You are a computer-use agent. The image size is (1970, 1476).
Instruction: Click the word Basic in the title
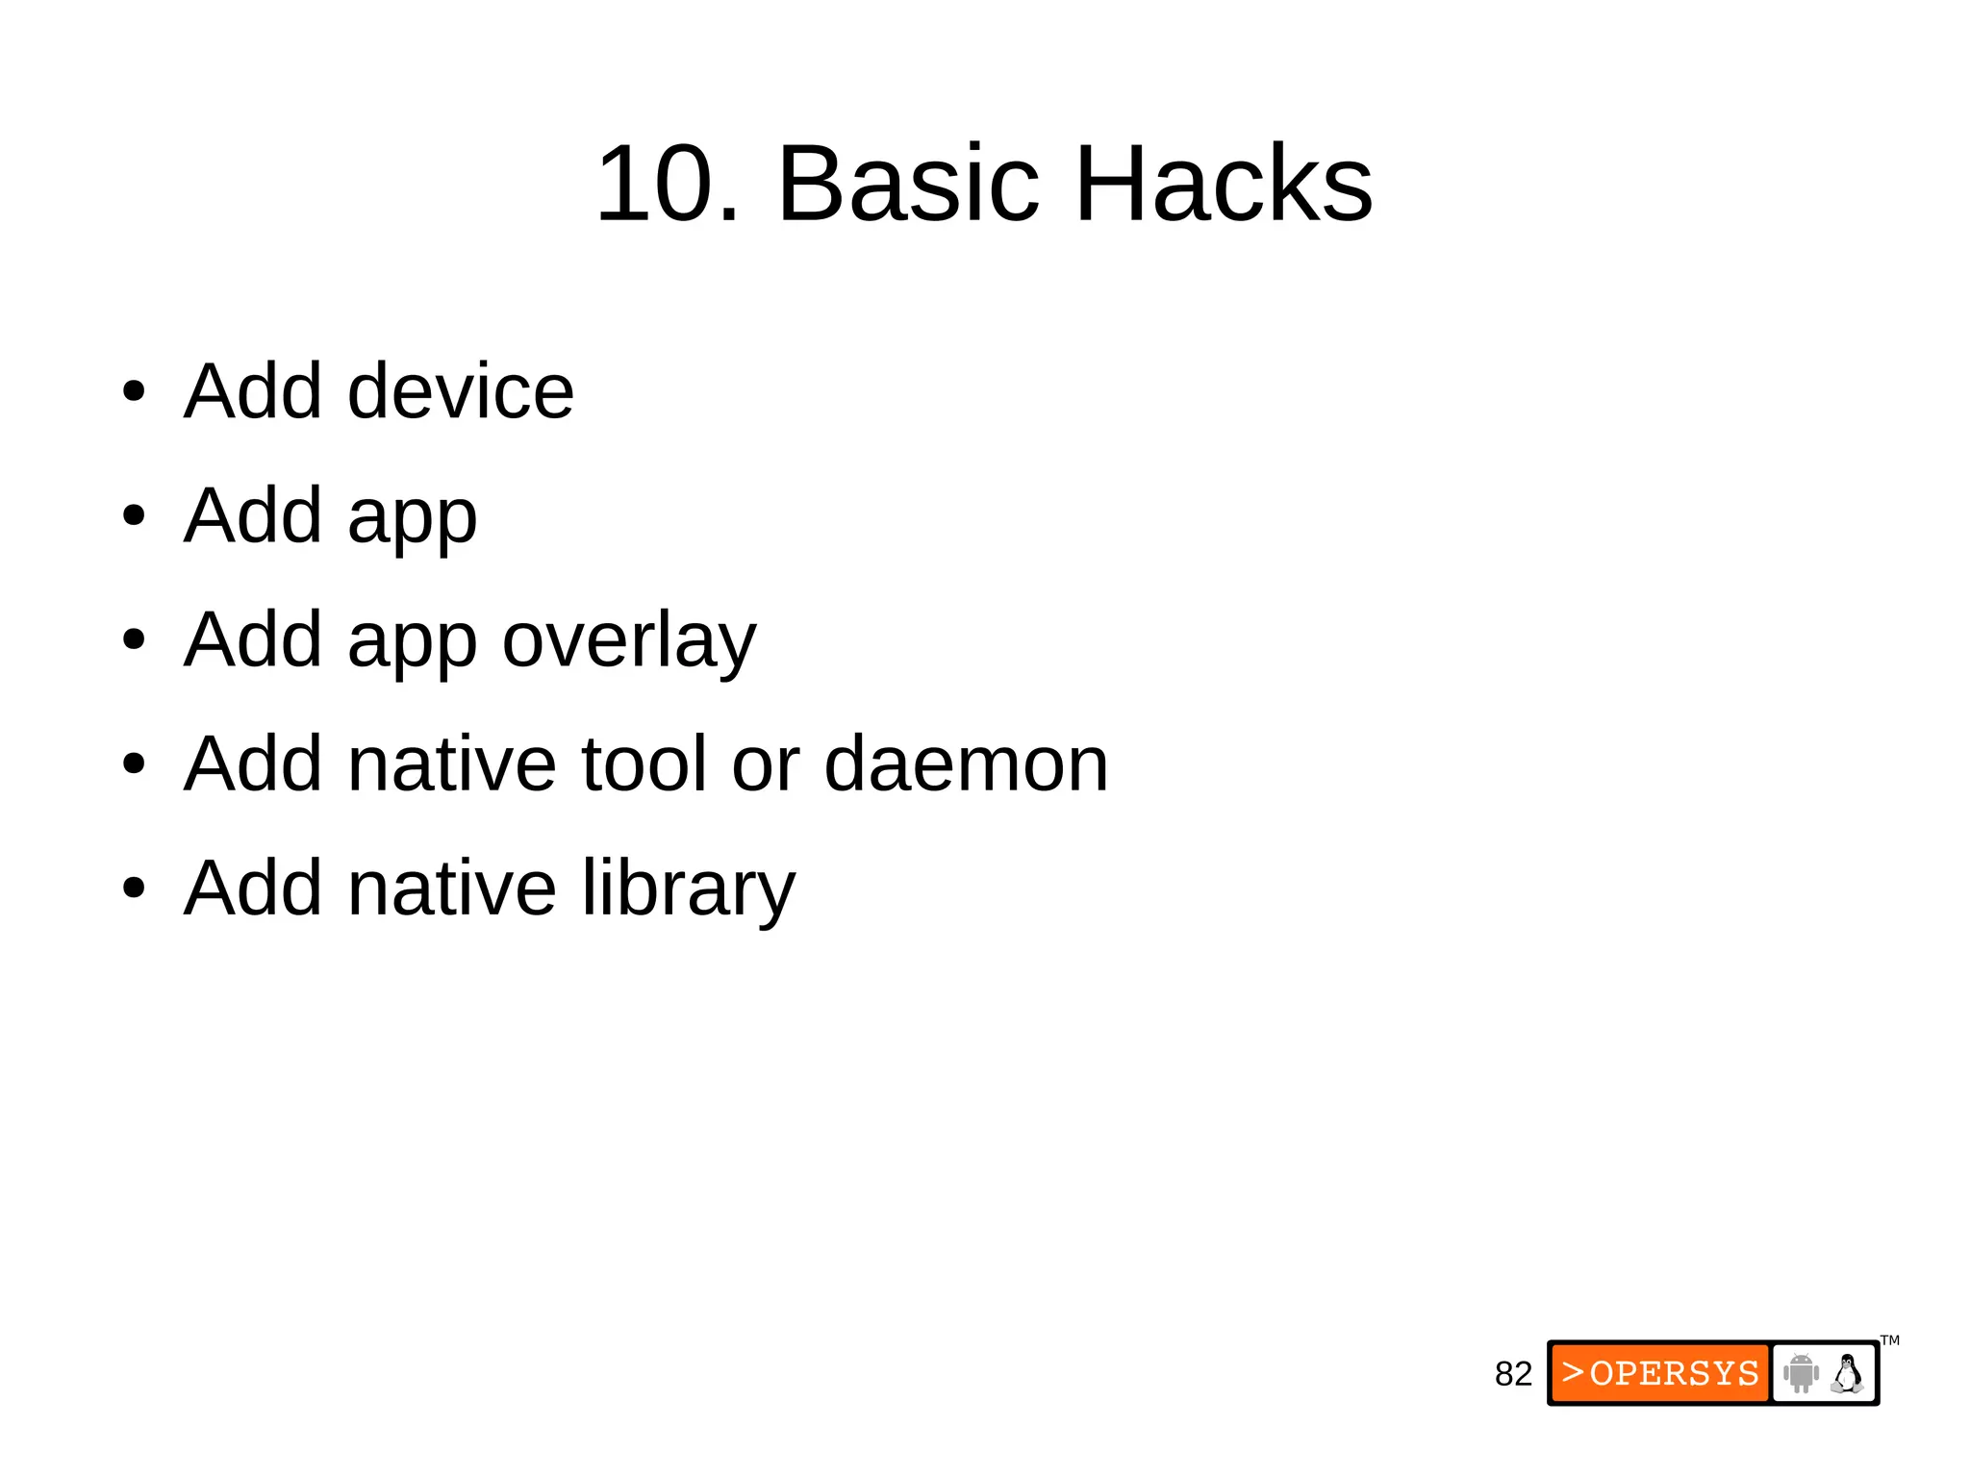[908, 184]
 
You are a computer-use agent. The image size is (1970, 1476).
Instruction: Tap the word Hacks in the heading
[1223, 184]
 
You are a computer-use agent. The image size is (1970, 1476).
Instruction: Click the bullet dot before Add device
[134, 392]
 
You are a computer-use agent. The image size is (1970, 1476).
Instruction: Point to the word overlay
[629, 641]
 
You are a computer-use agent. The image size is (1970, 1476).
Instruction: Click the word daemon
[966, 764]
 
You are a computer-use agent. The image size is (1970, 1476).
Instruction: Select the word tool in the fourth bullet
[644, 764]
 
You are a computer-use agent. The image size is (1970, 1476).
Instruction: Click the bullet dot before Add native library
[134, 888]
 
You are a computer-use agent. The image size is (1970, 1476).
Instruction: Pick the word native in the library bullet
[451, 888]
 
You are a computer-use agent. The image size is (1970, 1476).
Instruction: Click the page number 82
[1512, 1374]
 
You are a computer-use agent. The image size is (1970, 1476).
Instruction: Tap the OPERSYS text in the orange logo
[1674, 1373]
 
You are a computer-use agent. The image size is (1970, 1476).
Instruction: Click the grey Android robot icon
[1800, 1373]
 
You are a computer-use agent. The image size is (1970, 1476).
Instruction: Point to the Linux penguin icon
[1847, 1373]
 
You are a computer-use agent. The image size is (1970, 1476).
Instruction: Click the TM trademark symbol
[1889, 1340]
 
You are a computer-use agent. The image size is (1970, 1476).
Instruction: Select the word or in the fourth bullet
[766, 764]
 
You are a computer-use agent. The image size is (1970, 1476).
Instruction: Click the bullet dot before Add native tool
[134, 764]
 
